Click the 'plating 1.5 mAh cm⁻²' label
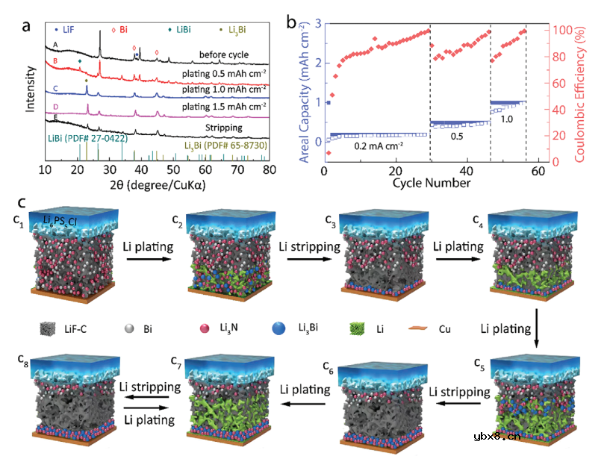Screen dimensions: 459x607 click(x=225, y=107)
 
